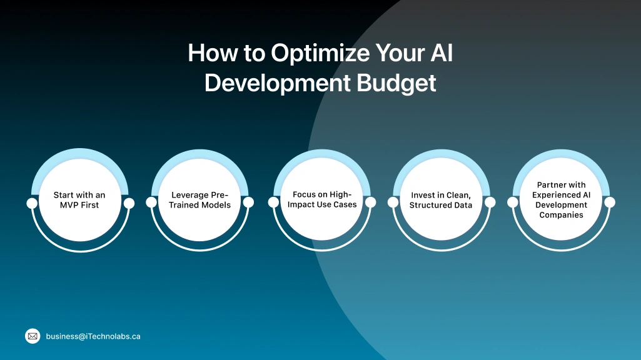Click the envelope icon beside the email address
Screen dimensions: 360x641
(x=33, y=336)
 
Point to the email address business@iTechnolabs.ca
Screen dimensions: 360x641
(x=93, y=336)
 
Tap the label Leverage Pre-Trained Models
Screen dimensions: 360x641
(x=200, y=200)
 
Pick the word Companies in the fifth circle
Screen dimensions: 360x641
(x=561, y=214)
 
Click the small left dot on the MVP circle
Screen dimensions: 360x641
(x=32, y=203)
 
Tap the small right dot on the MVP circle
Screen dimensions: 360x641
(x=129, y=203)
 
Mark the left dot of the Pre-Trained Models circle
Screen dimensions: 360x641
(x=151, y=202)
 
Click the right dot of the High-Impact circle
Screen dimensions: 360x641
(x=370, y=202)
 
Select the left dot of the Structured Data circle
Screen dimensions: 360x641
(x=393, y=202)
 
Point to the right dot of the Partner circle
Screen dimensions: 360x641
(x=610, y=202)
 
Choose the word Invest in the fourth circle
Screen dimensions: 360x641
(x=423, y=196)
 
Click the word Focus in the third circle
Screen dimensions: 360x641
(x=305, y=195)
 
